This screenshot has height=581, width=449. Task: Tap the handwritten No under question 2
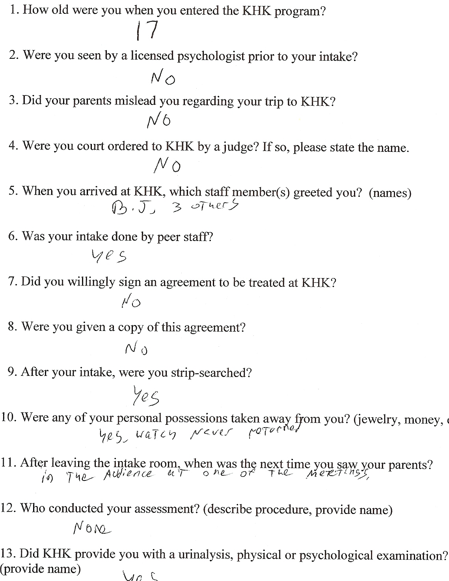pos(162,78)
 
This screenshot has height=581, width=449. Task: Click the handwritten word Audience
pos(128,474)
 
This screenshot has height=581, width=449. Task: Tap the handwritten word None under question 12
pos(92,528)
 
